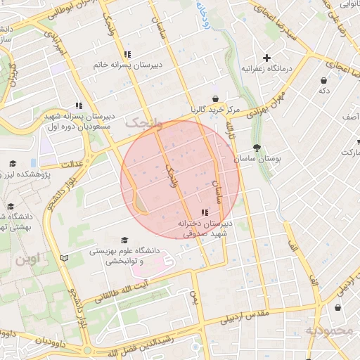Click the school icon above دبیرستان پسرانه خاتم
point(127,54)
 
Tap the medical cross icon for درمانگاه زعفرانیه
point(266,58)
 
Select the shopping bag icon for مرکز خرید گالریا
point(215,99)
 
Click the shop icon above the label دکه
point(323,80)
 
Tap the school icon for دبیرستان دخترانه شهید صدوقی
point(205,212)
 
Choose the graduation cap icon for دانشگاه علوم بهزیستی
point(125,240)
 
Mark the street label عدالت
point(73,163)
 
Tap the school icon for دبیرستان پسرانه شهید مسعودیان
point(79,105)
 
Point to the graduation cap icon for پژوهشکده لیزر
point(11,163)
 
